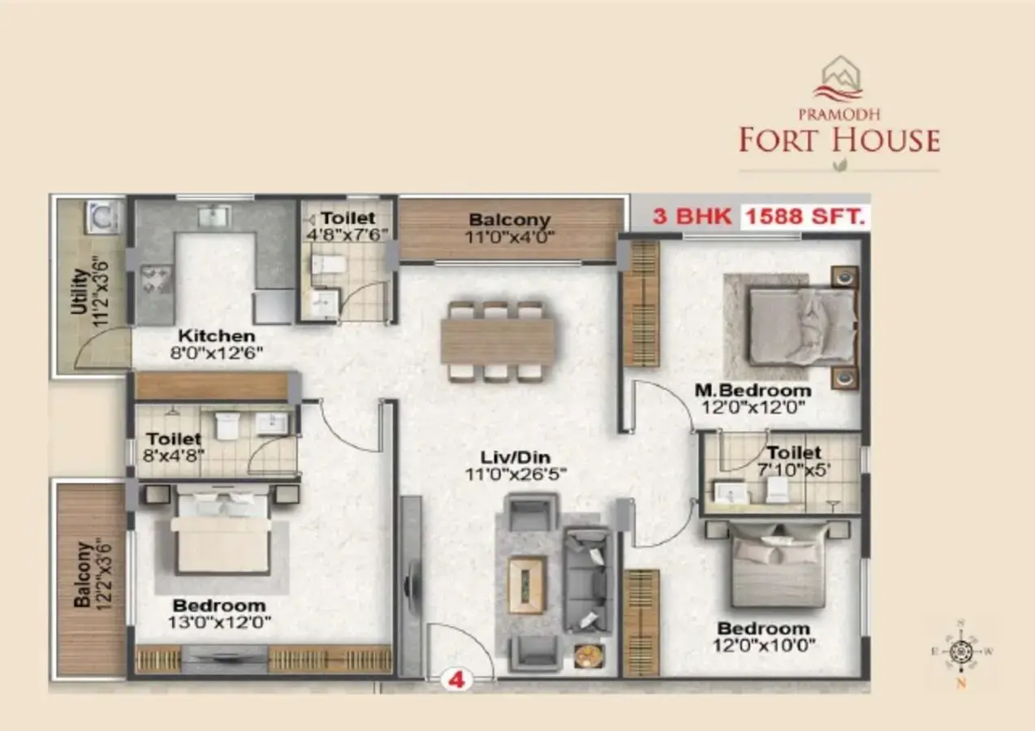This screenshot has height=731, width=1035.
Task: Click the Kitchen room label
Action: click(x=216, y=335)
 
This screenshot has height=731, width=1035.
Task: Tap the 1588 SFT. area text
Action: click(x=805, y=216)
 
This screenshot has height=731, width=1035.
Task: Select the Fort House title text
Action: click(x=839, y=141)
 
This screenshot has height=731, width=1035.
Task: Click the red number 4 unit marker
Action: click(x=456, y=680)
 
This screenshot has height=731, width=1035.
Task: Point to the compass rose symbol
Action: click(x=961, y=651)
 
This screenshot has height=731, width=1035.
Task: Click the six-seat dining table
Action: click(x=497, y=342)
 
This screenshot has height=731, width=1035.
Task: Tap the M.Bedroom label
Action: click(x=753, y=390)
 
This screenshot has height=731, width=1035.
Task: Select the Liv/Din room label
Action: click(x=515, y=457)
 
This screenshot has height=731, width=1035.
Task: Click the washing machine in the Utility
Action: click(x=102, y=217)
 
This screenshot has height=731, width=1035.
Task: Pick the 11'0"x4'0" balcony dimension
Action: click(x=509, y=237)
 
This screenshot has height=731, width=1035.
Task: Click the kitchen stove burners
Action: click(x=156, y=279)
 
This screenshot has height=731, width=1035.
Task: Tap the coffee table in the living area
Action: click(x=527, y=586)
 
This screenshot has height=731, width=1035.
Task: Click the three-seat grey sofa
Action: click(x=588, y=579)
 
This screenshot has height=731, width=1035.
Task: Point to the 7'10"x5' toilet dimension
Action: click(x=794, y=470)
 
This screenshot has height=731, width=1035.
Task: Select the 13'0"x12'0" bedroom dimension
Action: click(x=219, y=622)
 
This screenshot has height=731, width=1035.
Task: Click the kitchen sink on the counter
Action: click(x=214, y=216)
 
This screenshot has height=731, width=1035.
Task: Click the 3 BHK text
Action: click(x=692, y=216)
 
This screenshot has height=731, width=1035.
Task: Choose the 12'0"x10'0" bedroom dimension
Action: click(x=764, y=645)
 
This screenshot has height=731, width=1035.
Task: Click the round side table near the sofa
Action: click(x=589, y=656)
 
